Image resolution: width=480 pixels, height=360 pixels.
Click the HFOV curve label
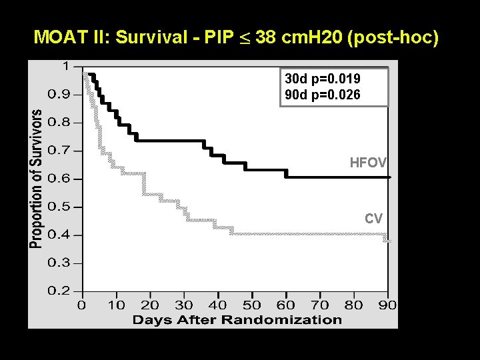369,162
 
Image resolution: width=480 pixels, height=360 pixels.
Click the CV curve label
373,218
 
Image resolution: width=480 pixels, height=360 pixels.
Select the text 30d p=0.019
323,78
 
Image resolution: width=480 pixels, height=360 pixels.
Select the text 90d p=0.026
323,95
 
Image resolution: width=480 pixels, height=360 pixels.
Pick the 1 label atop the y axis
65,66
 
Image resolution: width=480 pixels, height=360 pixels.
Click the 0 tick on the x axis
81,305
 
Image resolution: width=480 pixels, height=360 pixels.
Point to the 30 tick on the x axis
183,305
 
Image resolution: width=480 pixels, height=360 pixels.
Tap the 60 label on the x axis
286,305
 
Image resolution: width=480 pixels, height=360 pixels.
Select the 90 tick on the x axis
387,305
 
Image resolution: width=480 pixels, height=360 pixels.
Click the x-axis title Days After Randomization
237,319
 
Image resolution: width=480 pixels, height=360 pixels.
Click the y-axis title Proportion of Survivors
38,179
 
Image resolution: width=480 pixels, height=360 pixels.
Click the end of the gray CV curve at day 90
387,239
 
